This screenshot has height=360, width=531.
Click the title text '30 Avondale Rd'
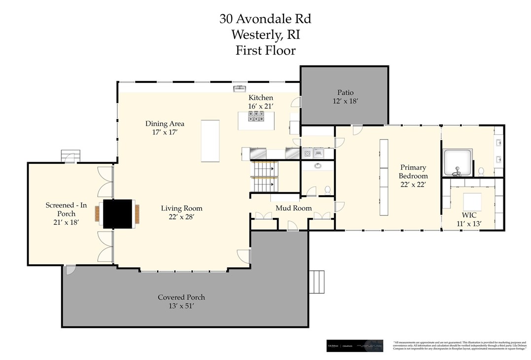click(265, 19)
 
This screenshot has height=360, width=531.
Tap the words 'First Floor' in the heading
click(265, 50)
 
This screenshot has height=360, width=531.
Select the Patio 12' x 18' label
click(345, 96)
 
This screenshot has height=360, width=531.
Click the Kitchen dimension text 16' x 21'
click(260, 106)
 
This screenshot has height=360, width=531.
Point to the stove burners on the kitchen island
click(256, 117)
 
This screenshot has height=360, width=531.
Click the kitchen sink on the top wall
click(240, 89)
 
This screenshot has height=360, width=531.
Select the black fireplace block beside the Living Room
click(118, 214)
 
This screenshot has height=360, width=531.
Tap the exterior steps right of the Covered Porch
click(319, 282)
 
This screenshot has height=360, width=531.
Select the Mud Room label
click(293, 208)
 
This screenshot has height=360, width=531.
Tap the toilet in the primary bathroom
click(481, 171)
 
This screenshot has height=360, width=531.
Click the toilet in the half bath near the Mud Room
click(327, 189)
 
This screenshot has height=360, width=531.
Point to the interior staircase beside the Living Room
click(263, 178)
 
